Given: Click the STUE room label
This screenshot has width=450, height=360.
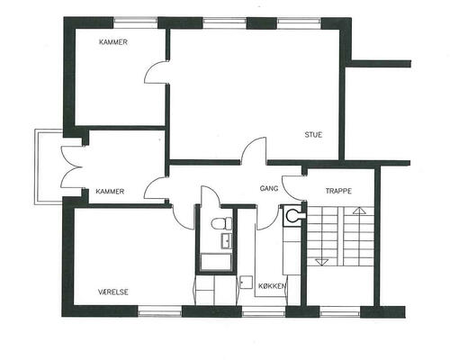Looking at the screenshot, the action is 313,135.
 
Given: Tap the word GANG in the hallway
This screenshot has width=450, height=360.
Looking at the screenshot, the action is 269,188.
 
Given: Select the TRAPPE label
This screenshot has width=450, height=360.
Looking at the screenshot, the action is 338,191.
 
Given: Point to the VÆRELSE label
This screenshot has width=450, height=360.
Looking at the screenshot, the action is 113,292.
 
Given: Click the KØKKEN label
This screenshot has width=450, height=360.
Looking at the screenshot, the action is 273,286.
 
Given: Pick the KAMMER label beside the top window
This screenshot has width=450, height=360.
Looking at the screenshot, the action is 113,42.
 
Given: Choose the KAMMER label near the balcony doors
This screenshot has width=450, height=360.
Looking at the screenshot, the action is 110,192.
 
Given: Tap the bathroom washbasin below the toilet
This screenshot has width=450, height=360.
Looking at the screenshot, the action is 227,241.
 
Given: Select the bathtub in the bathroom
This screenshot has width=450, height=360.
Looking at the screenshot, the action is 216,262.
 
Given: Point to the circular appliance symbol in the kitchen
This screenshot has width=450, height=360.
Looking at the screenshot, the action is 292,215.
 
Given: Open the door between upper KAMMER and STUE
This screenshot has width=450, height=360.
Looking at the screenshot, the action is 157,72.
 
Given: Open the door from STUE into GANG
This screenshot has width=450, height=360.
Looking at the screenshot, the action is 254,150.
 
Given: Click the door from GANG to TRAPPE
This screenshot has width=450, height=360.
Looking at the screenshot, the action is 292,188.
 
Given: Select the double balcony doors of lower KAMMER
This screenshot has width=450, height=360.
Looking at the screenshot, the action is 71,167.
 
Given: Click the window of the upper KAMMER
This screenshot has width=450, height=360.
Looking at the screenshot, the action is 136,23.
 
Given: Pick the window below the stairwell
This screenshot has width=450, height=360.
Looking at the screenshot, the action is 339,313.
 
